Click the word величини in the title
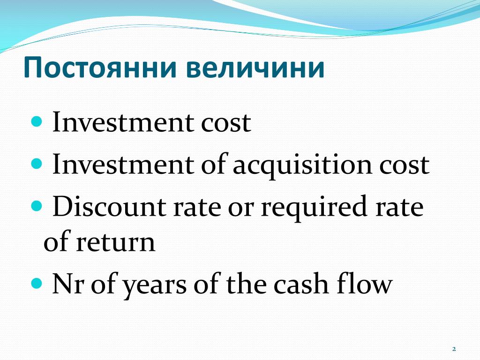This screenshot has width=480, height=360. pyautogui.click(x=256, y=68)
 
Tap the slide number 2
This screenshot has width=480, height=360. pyautogui.click(x=454, y=349)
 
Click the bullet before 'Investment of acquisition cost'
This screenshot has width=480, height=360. pyautogui.click(x=37, y=164)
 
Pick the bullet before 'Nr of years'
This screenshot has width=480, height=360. pyautogui.click(x=37, y=284)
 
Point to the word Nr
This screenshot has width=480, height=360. pyautogui.click(x=69, y=285)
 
